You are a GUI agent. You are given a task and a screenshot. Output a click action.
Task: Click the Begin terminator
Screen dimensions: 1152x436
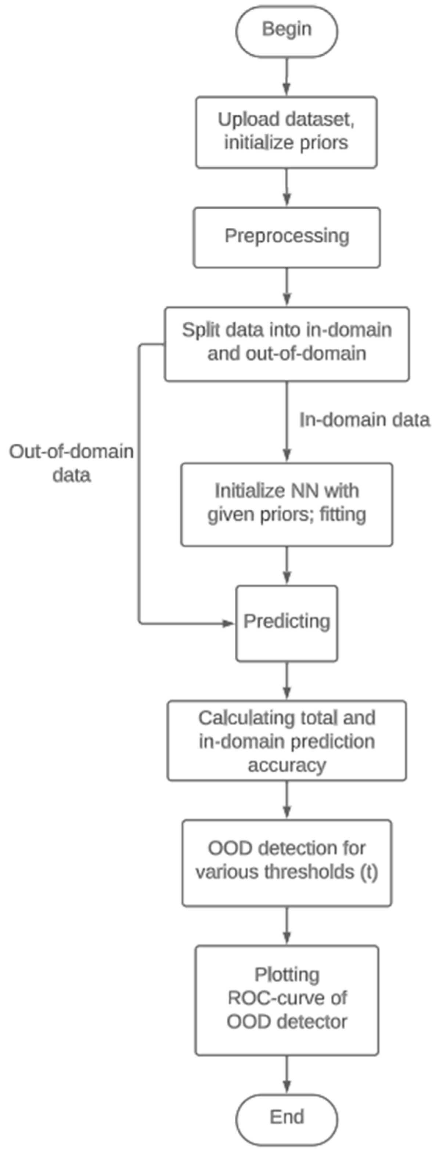[x=287, y=30]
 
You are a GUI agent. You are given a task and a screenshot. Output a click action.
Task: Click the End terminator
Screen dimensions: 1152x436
[x=287, y=1117]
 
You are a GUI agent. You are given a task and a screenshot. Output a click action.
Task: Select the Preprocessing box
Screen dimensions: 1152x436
[x=287, y=237]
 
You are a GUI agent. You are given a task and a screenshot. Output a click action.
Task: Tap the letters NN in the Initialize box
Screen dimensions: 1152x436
[x=306, y=491]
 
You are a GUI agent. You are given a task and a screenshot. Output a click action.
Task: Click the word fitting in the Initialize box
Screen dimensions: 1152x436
[x=343, y=514]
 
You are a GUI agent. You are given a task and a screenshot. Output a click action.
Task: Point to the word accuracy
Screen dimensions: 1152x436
[x=287, y=765]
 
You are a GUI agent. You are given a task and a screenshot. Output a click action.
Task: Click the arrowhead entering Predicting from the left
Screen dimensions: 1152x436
[x=229, y=623]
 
